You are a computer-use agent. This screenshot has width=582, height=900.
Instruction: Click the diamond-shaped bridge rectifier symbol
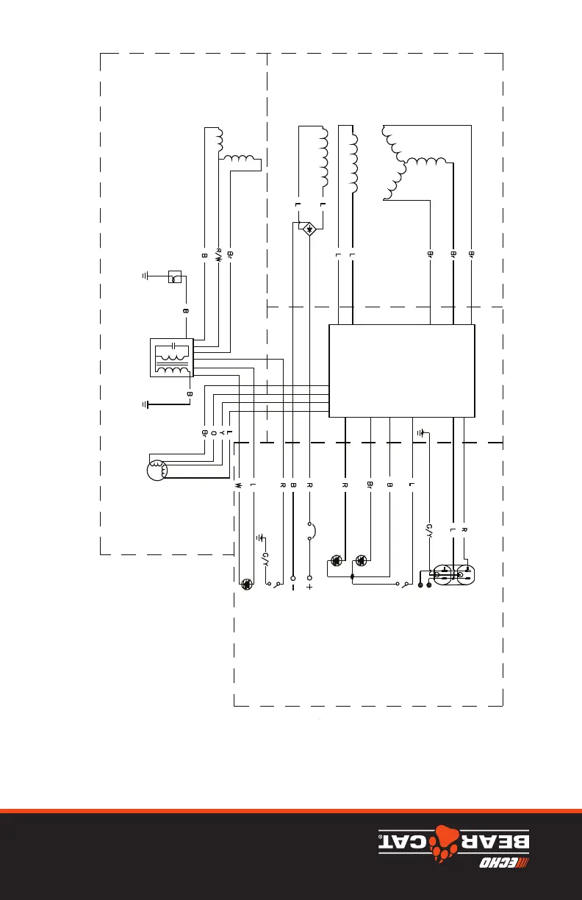coord(309,229)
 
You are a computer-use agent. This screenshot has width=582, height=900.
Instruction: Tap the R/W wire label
coord(218,254)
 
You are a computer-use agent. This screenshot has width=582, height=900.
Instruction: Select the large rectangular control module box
coord(401,371)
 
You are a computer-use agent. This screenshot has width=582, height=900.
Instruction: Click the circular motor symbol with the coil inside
coord(157,469)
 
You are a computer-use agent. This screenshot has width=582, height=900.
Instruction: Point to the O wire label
coord(213,433)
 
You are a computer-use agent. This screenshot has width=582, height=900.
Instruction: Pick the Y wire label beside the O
coord(221,433)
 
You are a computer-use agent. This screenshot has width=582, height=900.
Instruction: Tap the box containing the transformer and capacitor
coord(170,358)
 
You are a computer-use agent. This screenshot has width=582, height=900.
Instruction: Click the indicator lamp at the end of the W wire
coord(248,584)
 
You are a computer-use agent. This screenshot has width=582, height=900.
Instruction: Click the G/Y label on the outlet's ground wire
coord(428,532)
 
